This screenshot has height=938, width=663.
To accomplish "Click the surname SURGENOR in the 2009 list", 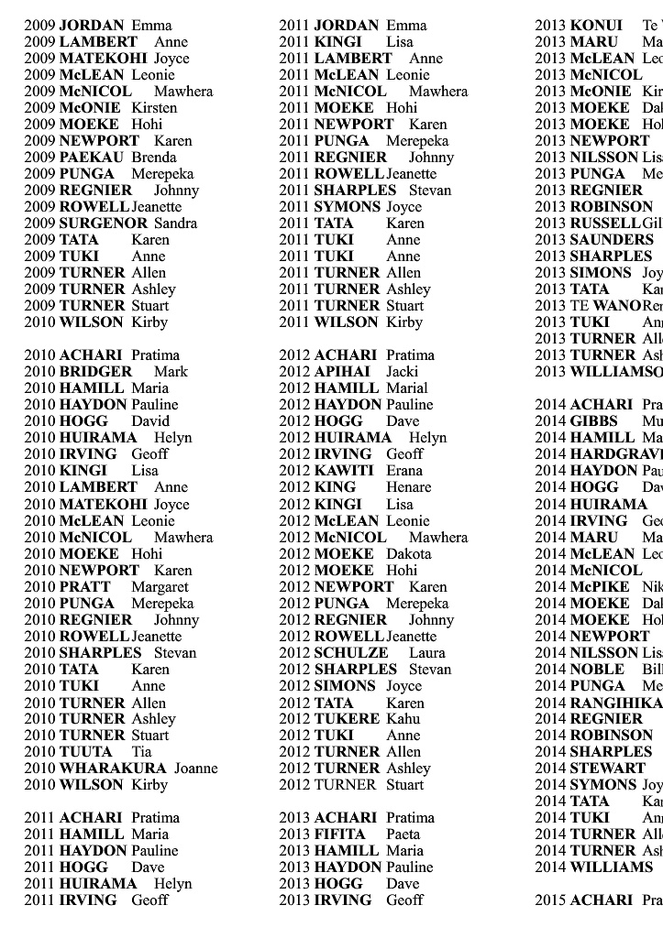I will coord(103,223).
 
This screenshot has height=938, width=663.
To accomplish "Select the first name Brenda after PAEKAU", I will coord(154,157).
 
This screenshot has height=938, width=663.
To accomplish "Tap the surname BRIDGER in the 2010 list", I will coord(95,371).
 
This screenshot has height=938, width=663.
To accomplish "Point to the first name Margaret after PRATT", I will coord(160,586).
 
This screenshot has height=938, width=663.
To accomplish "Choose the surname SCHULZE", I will coord(351,652).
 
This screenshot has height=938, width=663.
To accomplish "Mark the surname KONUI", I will coord(596,25).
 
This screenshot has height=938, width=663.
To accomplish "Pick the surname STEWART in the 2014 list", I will coord(607,768).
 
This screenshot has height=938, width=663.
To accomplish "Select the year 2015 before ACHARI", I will coord(550,900).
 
